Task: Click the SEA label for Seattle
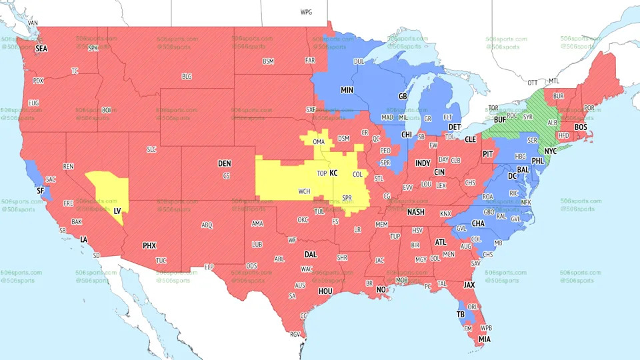(x=41, y=49)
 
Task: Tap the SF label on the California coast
(x=39, y=191)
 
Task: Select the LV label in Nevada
(x=117, y=210)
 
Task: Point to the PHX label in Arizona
(x=149, y=245)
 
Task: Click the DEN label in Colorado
(x=224, y=163)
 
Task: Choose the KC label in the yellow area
(x=334, y=173)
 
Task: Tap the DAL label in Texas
(x=311, y=254)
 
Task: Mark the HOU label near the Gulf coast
(x=325, y=291)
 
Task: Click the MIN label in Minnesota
(x=347, y=89)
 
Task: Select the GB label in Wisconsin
(x=403, y=96)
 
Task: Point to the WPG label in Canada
(x=306, y=12)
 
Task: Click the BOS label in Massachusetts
(x=581, y=127)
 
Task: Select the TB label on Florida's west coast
(x=460, y=314)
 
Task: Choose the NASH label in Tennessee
(x=416, y=212)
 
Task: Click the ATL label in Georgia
(x=441, y=242)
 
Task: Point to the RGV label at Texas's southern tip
(x=295, y=335)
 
